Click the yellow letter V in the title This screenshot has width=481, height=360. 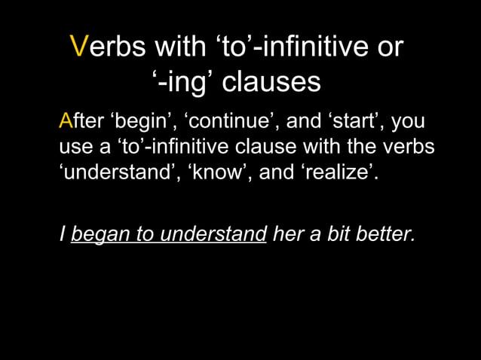click(79, 47)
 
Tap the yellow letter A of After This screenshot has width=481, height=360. click(66, 122)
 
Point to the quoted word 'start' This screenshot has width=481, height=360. click(346, 122)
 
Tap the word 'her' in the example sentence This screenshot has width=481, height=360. click(287, 234)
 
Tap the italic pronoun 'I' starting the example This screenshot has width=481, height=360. click(62, 234)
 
